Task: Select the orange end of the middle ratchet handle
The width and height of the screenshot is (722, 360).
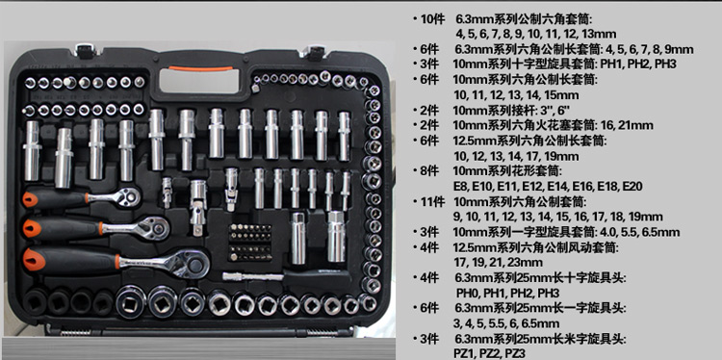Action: pyautogui.click(x=32, y=228)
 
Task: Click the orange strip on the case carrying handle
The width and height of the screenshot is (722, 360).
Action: pyautogui.click(x=200, y=68)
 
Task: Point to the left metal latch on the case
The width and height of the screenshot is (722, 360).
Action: pyautogui.click(x=86, y=50)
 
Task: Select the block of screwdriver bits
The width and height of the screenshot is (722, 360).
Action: pyautogui.click(x=250, y=243)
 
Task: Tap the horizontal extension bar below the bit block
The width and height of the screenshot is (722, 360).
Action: pyautogui.click(x=253, y=276)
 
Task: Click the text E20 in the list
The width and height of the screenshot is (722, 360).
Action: pyautogui.click(x=632, y=187)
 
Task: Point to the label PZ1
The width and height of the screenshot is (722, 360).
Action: pyautogui.click(x=466, y=353)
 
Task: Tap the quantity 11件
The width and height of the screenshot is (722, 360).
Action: pyautogui.click(x=432, y=201)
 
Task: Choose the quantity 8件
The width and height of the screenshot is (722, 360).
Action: pyautogui.click(x=429, y=171)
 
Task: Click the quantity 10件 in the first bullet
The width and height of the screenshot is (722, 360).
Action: pyautogui.click(x=432, y=19)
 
